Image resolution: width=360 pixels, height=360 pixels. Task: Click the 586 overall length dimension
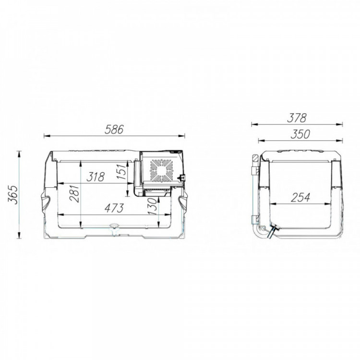[114, 130]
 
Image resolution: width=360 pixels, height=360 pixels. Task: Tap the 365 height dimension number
[12, 195]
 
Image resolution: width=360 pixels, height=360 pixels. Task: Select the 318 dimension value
[96, 177]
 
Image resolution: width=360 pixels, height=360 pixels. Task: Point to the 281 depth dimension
[75, 193]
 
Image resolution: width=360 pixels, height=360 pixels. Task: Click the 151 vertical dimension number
[121, 171]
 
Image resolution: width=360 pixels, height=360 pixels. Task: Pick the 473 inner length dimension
[114, 208]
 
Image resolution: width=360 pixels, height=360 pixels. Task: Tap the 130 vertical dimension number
[153, 206]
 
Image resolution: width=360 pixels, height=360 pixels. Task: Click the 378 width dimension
[297, 118]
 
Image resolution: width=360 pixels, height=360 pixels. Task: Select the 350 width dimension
[300, 134]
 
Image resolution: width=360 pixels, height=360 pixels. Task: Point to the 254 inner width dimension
[300, 197]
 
